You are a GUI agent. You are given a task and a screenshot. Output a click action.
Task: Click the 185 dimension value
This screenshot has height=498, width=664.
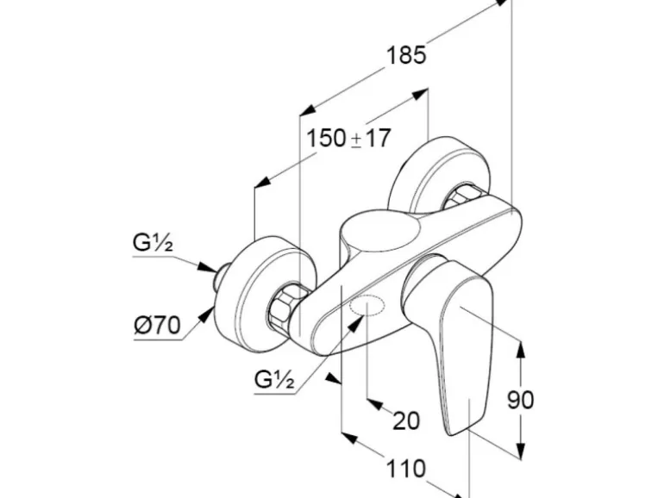click(x=406, y=56)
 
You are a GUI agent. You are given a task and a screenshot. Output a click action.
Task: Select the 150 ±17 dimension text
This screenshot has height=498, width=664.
click(x=349, y=137)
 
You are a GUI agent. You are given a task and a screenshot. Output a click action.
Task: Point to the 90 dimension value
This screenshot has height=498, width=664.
click(x=519, y=400)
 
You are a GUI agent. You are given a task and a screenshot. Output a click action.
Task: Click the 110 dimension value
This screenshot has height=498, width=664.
click(x=406, y=469)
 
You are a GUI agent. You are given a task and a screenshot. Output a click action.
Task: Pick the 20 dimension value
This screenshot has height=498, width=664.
click(x=406, y=420)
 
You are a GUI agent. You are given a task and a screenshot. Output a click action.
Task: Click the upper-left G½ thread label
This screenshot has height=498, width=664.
click(x=153, y=243)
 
